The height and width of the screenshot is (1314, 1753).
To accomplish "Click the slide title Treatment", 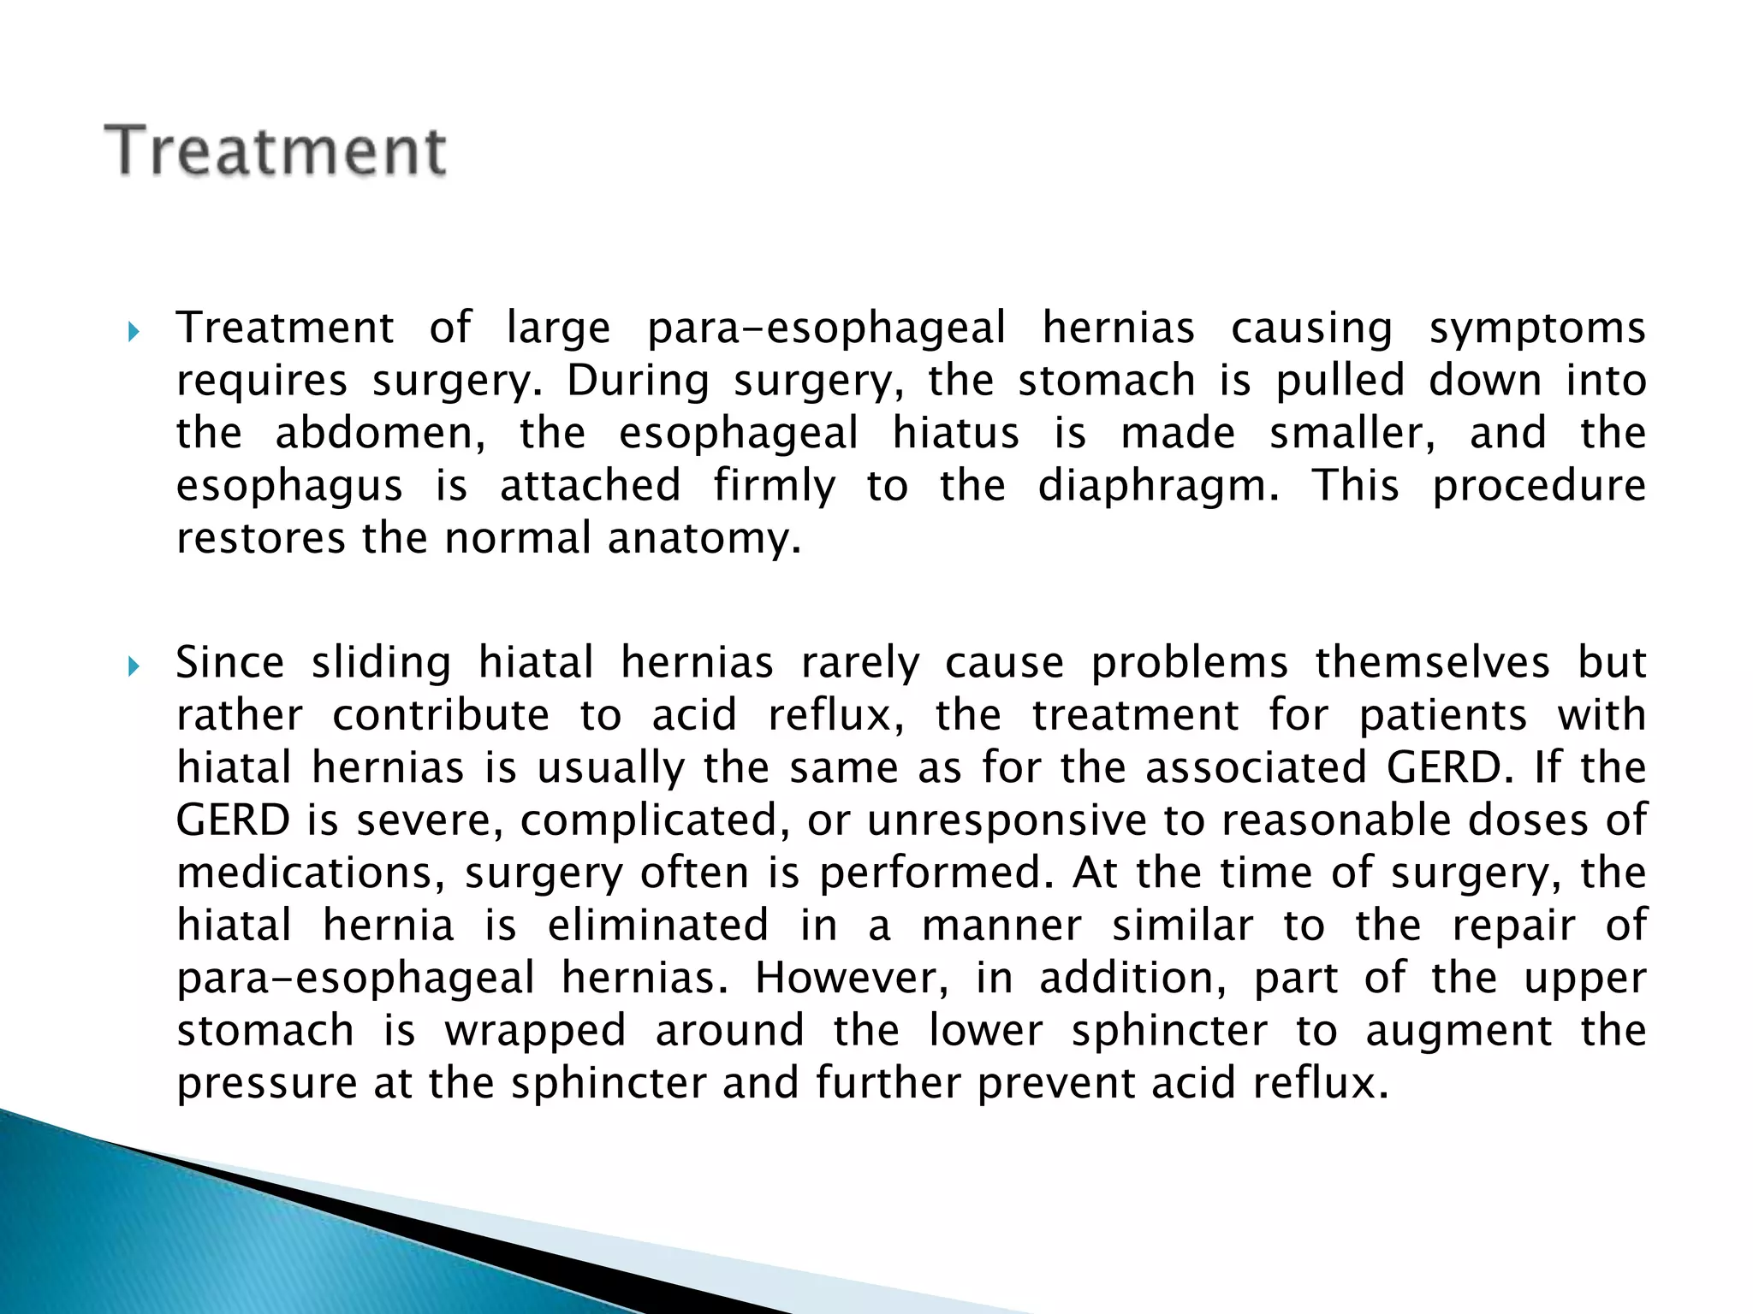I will click(275, 151).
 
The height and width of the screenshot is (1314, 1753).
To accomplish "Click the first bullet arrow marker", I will click(133, 331).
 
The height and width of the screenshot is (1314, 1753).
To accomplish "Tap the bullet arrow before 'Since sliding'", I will click(133, 666).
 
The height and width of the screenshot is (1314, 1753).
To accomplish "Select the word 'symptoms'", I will click(1537, 329).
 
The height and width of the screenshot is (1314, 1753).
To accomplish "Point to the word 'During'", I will click(638, 381).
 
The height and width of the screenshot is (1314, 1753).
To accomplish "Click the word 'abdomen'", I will click(379, 433).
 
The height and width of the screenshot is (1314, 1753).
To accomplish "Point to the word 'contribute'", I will click(441, 715).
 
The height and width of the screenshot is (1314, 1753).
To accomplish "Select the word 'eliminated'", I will click(658, 926).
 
